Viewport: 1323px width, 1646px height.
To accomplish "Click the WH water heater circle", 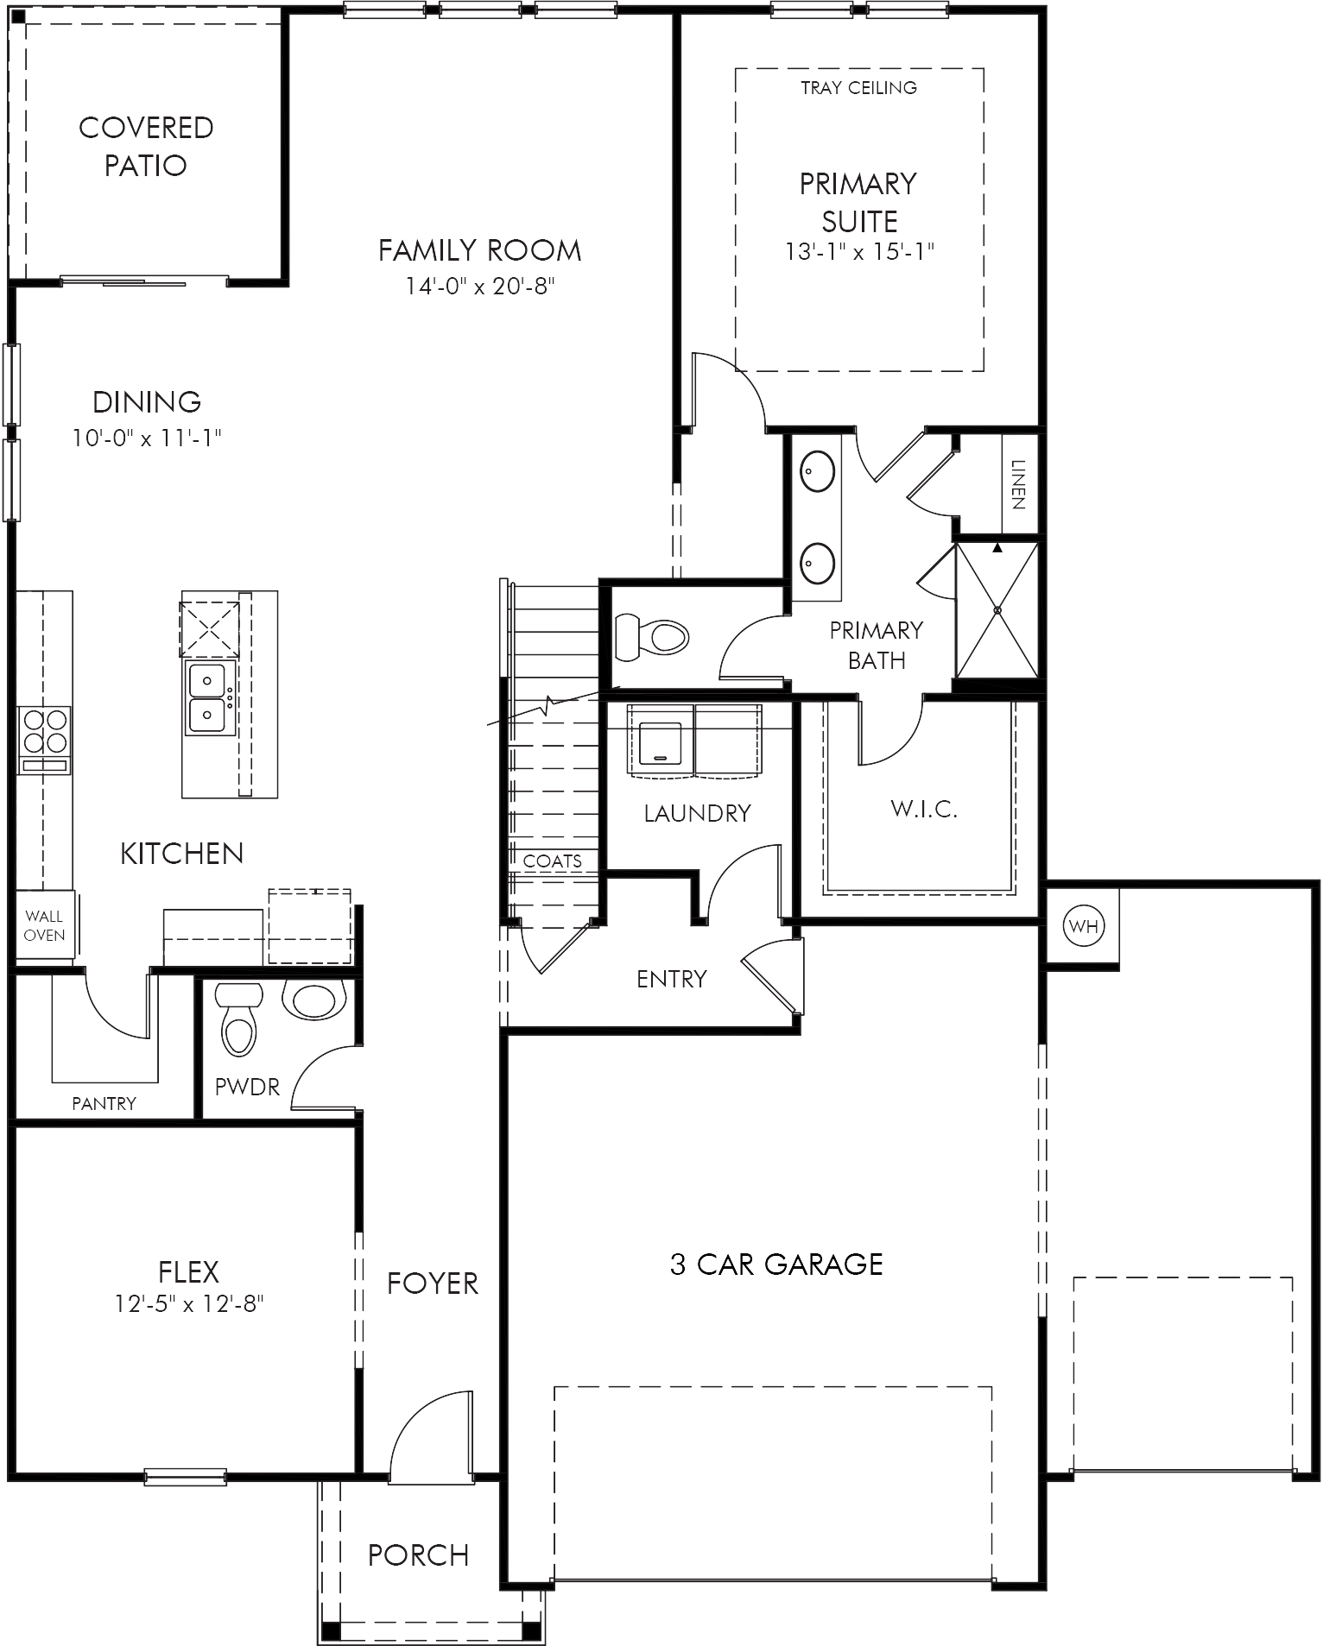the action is coord(1083,927).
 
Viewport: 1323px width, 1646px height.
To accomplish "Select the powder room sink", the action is coord(314,1000).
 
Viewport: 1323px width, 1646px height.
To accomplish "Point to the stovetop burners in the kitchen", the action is coord(44,730).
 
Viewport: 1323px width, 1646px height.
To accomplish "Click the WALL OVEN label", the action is coord(44,925).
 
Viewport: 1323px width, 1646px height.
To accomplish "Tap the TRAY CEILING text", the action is coord(858,87).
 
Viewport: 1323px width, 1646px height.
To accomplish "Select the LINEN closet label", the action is coord(1017,484).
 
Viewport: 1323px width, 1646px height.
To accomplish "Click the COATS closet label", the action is coord(553,861).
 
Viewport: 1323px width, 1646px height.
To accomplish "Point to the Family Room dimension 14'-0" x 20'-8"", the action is coord(479,286).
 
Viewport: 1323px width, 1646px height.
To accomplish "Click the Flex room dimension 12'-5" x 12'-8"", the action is coord(188,1303).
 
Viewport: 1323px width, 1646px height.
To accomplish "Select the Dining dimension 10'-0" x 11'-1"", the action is coord(147,438).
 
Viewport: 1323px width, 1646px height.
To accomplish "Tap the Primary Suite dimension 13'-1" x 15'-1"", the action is coord(860,251).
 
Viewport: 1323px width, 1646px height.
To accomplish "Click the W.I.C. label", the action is coord(924,810).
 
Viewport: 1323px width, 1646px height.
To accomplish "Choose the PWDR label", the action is coord(247,1087).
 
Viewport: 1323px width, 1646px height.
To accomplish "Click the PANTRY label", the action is coord(104,1103).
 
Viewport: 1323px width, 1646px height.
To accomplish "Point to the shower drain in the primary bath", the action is coord(997,610).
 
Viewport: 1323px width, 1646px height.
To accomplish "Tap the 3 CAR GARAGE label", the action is coord(776,1264).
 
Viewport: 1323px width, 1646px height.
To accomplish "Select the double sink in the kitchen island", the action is coord(207,698).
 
